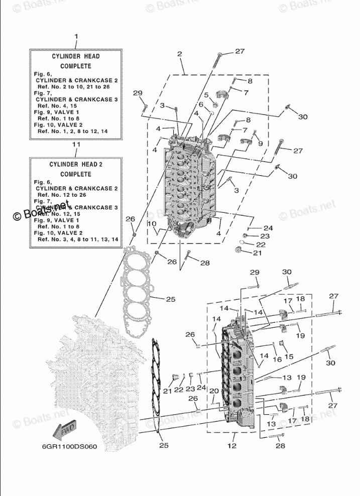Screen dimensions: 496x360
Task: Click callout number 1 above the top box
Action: (x=76, y=37)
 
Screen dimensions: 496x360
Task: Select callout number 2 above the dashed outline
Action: (x=179, y=54)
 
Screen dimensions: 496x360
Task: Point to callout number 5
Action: (x=206, y=95)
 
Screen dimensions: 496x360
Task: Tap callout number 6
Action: (x=200, y=104)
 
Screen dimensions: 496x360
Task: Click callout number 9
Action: (x=260, y=144)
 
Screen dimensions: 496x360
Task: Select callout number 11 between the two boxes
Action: (x=76, y=145)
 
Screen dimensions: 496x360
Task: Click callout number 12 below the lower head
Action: (x=232, y=445)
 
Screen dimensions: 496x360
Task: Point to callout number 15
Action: (x=289, y=356)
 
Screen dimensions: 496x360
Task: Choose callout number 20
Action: (x=213, y=391)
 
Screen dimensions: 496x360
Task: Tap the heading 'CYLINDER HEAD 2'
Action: (x=76, y=164)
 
